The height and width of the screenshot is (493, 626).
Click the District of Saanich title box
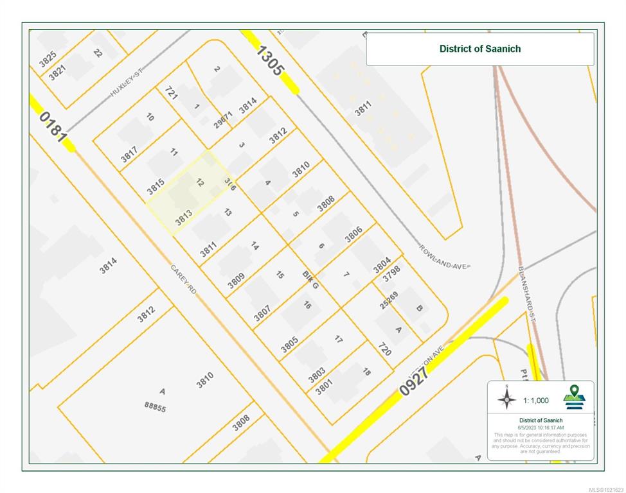479,49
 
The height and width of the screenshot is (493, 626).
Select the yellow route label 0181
53,127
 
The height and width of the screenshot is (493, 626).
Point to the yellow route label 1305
269,61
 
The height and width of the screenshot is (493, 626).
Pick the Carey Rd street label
183,280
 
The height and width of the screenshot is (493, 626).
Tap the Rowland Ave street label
445,257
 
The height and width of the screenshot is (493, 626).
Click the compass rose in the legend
506,399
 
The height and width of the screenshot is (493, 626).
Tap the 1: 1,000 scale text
535,400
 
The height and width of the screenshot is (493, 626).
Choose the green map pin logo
574,397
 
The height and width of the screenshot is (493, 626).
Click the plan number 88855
155,406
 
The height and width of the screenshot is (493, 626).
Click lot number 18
366,372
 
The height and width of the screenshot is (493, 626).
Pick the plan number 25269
388,300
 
